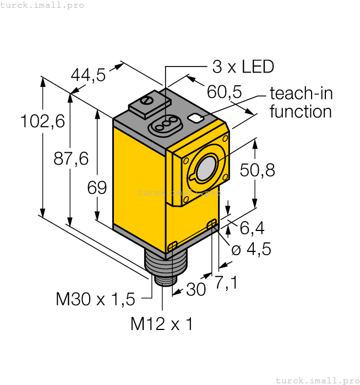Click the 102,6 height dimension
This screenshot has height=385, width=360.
click(x=42, y=121)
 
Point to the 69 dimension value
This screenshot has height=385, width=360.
click(x=97, y=188)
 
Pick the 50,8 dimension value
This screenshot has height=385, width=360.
click(x=258, y=170)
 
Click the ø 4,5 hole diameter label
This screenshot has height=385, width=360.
click(x=251, y=249)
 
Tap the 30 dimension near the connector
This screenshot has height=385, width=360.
click(x=195, y=289)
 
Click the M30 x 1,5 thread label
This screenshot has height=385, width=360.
click(x=95, y=299)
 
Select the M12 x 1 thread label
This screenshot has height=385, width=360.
click(x=161, y=324)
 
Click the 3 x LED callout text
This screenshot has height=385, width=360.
click(x=243, y=67)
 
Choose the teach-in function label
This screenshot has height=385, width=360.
click(x=301, y=102)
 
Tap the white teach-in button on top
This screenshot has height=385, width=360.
click(x=195, y=118)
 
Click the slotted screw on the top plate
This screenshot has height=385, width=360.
click(x=147, y=101)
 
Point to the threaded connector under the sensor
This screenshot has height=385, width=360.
click(x=160, y=268)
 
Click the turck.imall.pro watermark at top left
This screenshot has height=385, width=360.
click(x=43, y=5)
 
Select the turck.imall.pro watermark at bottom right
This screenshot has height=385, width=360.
click(x=317, y=380)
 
